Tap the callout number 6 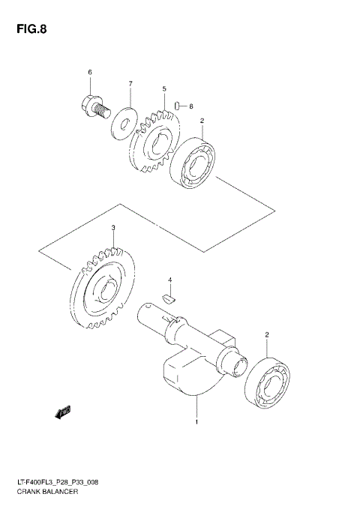tap(89, 72)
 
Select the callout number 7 tap(129, 83)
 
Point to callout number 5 tap(163, 89)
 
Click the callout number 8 tap(190, 106)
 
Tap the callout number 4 tap(170, 280)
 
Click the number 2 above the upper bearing tap(201, 120)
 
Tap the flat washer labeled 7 tap(120, 121)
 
